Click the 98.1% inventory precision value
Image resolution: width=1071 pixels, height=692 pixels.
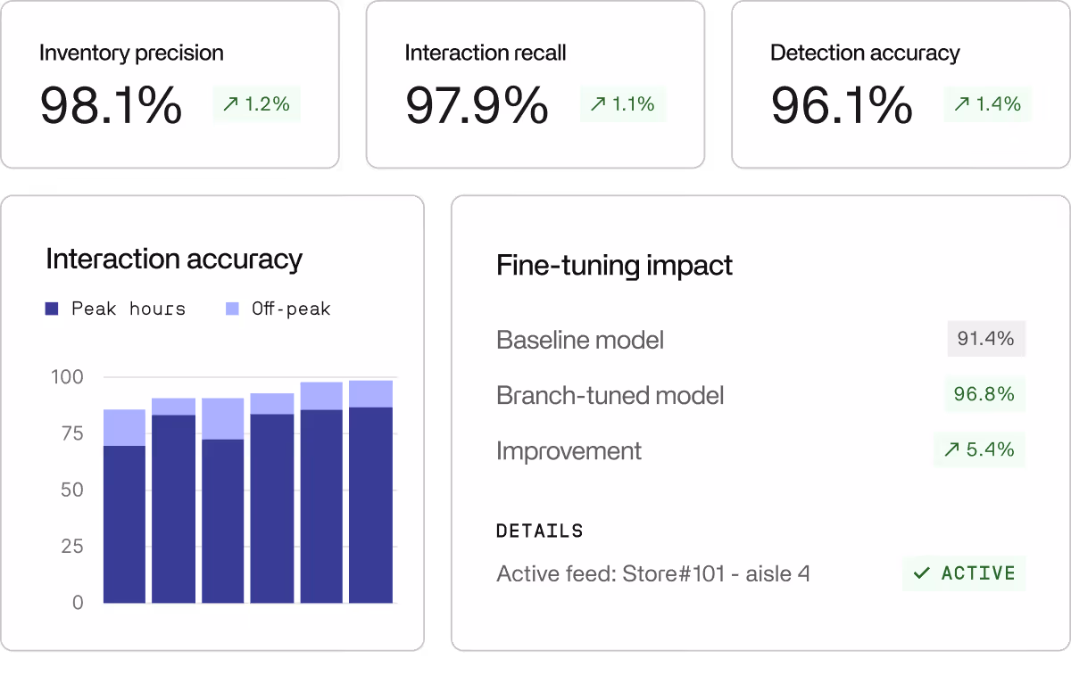pyautogui.click(x=111, y=105)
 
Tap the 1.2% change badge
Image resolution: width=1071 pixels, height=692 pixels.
pyautogui.click(x=256, y=104)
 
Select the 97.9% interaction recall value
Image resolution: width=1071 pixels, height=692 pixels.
pyautogui.click(x=477, y=105)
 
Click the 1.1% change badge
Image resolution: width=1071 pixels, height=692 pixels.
pyautogui.click(x=622, y=104)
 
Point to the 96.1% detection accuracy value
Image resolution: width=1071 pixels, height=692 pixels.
pyautogui.click(x=842, y=105)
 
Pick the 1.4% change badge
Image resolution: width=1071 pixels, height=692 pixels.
pyautogui.click(x=987, y=104)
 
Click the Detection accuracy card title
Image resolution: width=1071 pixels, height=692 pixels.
pyautogui.click(x=865, y=53)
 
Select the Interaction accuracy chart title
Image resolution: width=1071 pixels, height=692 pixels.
pyautogui.click(x=174, y=259)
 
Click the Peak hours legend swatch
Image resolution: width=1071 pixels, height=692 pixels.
pyautogui.click(x=52, y=309)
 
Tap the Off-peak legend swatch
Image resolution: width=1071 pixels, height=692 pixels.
pyautogui.click(x=232, y=309)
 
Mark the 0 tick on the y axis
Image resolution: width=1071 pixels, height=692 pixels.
pyautogui.click(x=77, y=603)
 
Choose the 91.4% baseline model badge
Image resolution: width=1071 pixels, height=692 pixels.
pyautogui.click(x=985, y=339)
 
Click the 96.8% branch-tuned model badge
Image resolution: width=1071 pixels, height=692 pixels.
pyautogui.click(x=984, y=394)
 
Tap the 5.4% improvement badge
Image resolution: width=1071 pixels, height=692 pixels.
pyautogui.click(x=979, y=449)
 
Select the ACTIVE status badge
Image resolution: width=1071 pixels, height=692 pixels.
pyautogui.click(x=964, y=573)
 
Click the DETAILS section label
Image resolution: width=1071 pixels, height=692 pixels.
pyautogui.click(x=539, y=531)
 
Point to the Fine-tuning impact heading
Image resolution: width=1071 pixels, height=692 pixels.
pyautogui.click(x=614, y=266)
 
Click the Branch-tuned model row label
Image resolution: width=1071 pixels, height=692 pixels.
pyautogui.click(x=610, y=395)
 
